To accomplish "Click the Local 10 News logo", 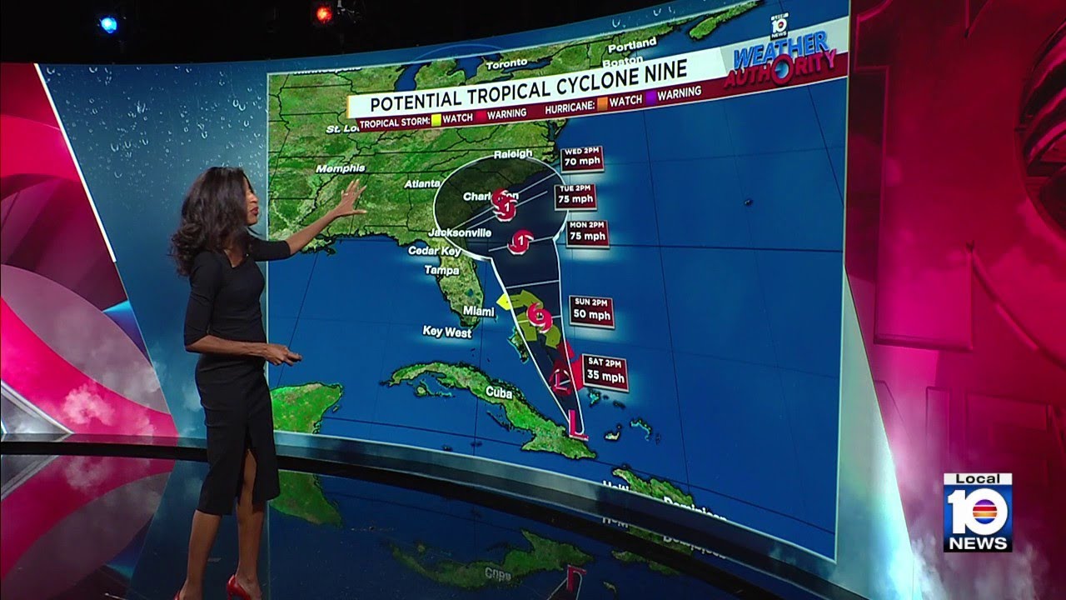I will [978, 512].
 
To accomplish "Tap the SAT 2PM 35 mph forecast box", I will [605, 369].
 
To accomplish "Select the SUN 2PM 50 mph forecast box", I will [592, 310].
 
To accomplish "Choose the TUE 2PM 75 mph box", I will [575, 195].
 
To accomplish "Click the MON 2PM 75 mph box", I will [586, 232].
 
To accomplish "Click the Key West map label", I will [446, 332].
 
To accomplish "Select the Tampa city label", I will [441, 270].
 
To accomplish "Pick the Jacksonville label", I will [460, 232].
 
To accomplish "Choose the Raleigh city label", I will [512, 154].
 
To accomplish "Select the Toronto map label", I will [506, 64].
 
